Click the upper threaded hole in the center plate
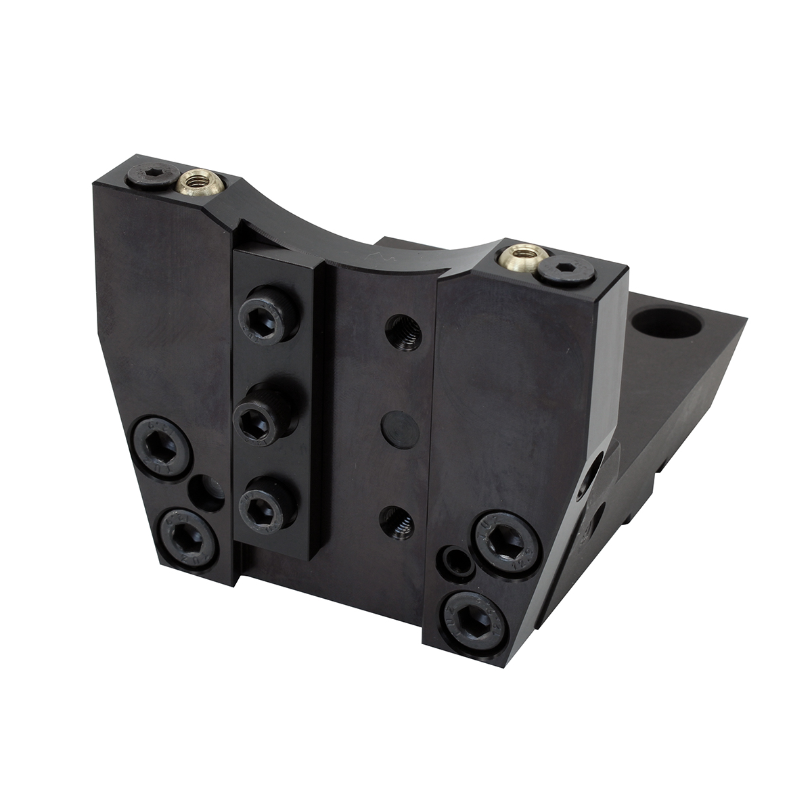(403, 332)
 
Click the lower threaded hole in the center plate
(400, 522)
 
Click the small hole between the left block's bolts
(206, 493)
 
